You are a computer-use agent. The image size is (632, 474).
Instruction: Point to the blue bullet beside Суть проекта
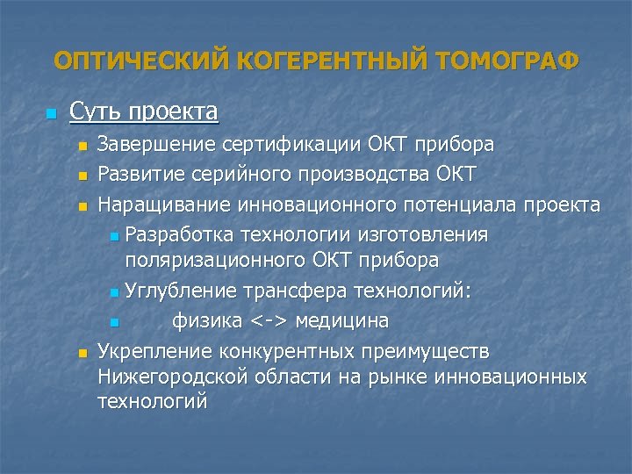click(x=50, y=114)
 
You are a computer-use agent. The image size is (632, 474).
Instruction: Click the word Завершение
click(x=157, y=143)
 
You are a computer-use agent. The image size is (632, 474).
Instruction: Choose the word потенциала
click(x=466, y=205)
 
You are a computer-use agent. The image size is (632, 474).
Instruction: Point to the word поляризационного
click(x=214, y=260)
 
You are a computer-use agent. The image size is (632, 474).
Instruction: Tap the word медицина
click(x=342, y=321)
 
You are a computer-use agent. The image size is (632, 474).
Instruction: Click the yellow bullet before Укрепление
click(x=83, y=353)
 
